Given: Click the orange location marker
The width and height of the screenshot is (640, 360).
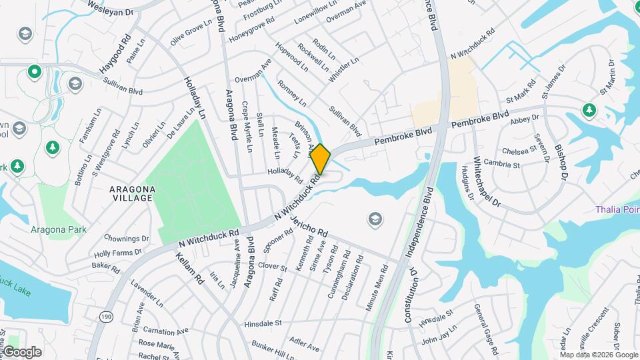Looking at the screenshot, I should click(x=321, y=159).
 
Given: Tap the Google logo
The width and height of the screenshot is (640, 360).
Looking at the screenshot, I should click(x=22, y=352).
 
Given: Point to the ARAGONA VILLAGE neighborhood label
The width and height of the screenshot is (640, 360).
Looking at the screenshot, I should click(x=133, y=194).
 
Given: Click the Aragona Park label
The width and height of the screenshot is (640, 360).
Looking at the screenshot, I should click(x=59, y=229).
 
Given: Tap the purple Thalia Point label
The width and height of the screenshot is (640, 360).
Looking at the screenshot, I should click(x=617, y=209).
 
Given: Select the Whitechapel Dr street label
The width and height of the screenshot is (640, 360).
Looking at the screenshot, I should click(x=486, y=179).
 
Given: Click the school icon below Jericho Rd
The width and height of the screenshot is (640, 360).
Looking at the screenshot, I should click(x=375, y=219).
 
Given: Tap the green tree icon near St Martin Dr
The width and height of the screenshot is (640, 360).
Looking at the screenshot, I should click(x=589, y=109).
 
